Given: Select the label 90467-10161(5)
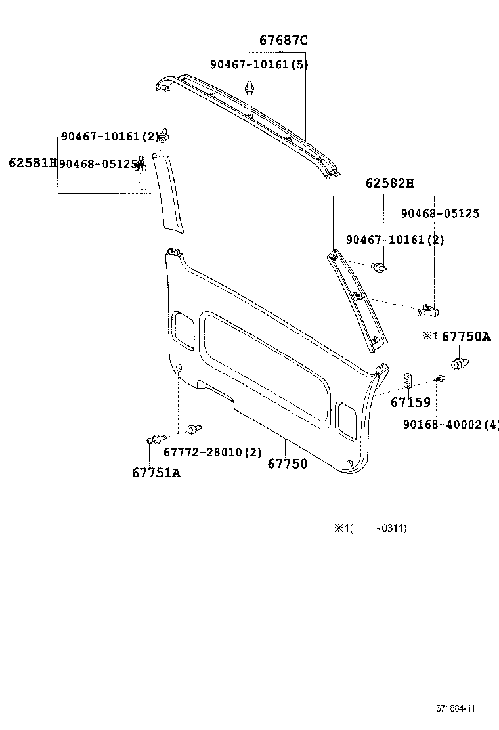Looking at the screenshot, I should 259,64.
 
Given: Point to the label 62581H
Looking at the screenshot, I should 32,162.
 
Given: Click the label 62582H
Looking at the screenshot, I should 390,183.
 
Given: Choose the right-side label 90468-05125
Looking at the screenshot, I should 440,213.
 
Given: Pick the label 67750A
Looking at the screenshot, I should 466,336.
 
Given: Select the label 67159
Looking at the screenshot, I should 410,402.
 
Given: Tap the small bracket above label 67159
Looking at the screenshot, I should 408,380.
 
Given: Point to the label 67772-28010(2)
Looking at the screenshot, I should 213,452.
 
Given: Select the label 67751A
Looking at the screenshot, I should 156,473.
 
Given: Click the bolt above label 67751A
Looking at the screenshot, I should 155,439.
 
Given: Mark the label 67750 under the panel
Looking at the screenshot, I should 287,464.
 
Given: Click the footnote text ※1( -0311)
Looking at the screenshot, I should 370,528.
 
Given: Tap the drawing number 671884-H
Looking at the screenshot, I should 454,708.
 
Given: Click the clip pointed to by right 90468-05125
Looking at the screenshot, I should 428,309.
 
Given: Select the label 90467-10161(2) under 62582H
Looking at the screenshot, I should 395,240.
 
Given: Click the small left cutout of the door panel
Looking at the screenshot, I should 183,330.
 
